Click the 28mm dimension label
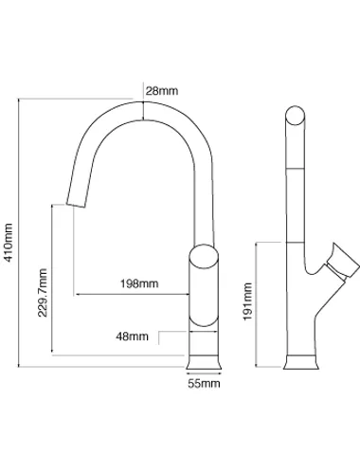click(162, 91)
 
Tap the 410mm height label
click(9, 243)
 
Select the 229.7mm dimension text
click(43, 293)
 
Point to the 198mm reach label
click(139, 283)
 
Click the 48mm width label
click(132, 337)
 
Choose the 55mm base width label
click(204, 384)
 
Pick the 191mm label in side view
click(247, 301)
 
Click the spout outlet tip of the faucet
click(76, 205)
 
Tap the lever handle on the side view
click(343, 262)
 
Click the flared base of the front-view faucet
click(204, 362)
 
